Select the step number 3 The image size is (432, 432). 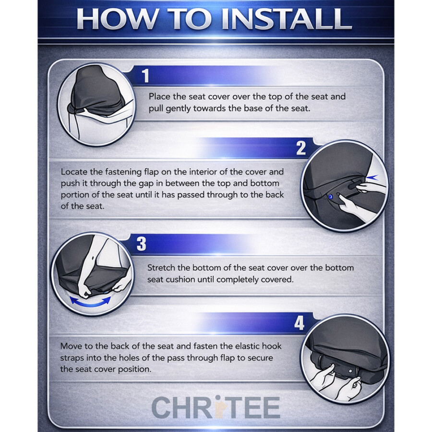pyautogui.click(x=141, y=243)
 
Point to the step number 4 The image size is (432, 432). pyautogui.click(x=299, y=323)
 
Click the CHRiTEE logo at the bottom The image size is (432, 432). pyautogui.click(x=216, y=408)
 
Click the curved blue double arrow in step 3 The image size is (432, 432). pyautogui.click(x=91, y=302)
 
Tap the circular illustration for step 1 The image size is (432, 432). pyautogui.click(x=96, y=104)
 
